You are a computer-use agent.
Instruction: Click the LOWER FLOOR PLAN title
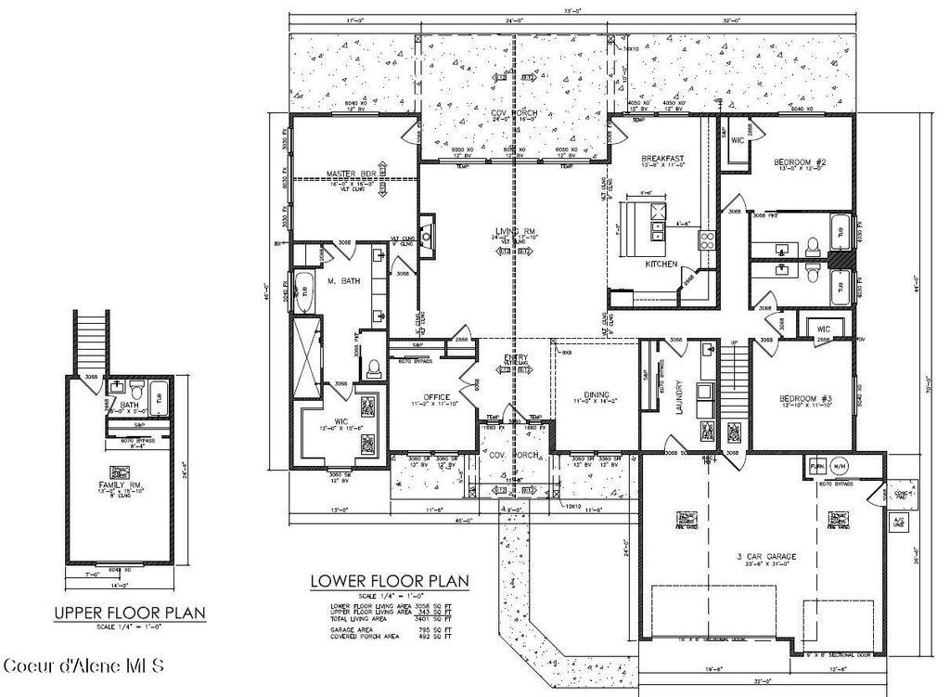coord(389,582)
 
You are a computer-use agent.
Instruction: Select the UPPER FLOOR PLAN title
coord(128,613)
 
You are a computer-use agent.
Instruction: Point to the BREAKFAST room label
coord(663,160)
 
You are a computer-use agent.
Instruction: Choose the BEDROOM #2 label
coord(800,163)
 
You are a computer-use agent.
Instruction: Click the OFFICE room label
coord(436,398)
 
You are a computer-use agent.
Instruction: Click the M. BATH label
coord(342,279)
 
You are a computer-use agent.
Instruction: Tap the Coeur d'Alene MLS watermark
coord(83,666)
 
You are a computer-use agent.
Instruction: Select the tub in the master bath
coord(303,290)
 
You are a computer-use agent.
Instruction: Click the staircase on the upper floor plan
coord(92,342)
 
